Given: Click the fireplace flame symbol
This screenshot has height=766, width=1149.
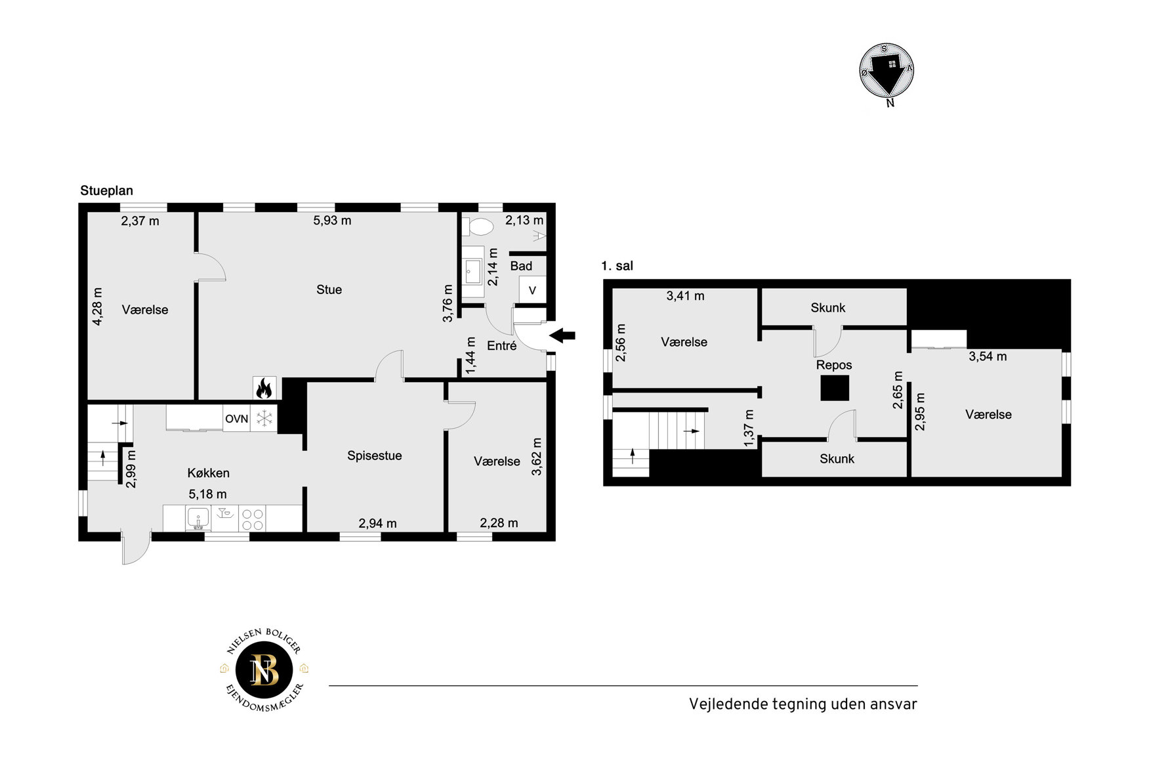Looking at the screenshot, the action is [x=264, y=388].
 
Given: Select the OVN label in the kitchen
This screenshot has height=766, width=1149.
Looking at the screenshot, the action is [x=237, y=419].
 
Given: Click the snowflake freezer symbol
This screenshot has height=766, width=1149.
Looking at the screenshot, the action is [x=264, y=419].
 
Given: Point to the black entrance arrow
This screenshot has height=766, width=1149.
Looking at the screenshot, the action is [x=562, y=335].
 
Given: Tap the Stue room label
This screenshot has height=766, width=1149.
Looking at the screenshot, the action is [x=329, y=289].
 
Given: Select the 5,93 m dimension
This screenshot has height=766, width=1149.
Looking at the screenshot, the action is [x=332, y=221].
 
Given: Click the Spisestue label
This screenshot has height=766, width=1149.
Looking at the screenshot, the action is [x=375, y=456].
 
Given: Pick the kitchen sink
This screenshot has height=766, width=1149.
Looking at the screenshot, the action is [x=198, y=519].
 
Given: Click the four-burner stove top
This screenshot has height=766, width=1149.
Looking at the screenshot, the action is [x=253, y=519].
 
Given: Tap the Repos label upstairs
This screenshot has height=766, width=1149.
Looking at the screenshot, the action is [x=834, y=365].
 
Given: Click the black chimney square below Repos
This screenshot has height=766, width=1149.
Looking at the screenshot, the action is [x=835, y=388].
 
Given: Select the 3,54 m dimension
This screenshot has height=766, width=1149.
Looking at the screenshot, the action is [x=988, y=356].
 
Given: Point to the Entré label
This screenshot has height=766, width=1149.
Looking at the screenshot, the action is [x=502, y=346].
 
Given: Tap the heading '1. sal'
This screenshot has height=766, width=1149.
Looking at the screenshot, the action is [x=617, y=266].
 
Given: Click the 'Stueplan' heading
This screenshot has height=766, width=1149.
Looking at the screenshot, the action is [x=107, y=191].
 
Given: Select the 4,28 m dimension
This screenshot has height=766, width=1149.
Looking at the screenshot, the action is [x=98, y=307].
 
